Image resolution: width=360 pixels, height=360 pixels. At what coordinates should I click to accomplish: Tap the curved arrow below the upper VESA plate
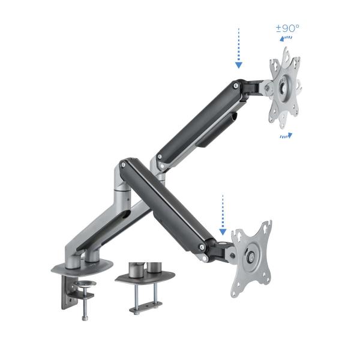[x=286, y=136]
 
